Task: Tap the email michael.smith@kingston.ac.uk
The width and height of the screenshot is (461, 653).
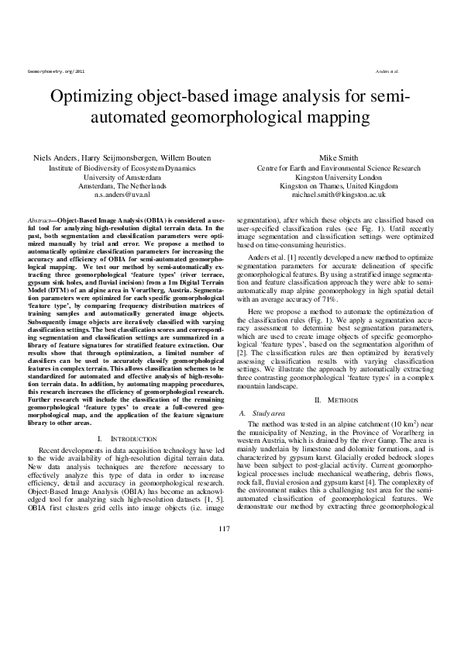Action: pyautogui.click(x=334, y=196)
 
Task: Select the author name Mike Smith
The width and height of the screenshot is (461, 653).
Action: pyautogui.click(x=334, y=157)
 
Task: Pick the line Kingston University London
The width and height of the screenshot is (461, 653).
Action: pyautogui.click(x=334, y=177)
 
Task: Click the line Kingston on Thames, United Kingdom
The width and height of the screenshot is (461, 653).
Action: pyautogui.click(x=334, y=186)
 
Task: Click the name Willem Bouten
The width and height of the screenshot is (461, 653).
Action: pyautogui.click(x=183, y=157)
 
